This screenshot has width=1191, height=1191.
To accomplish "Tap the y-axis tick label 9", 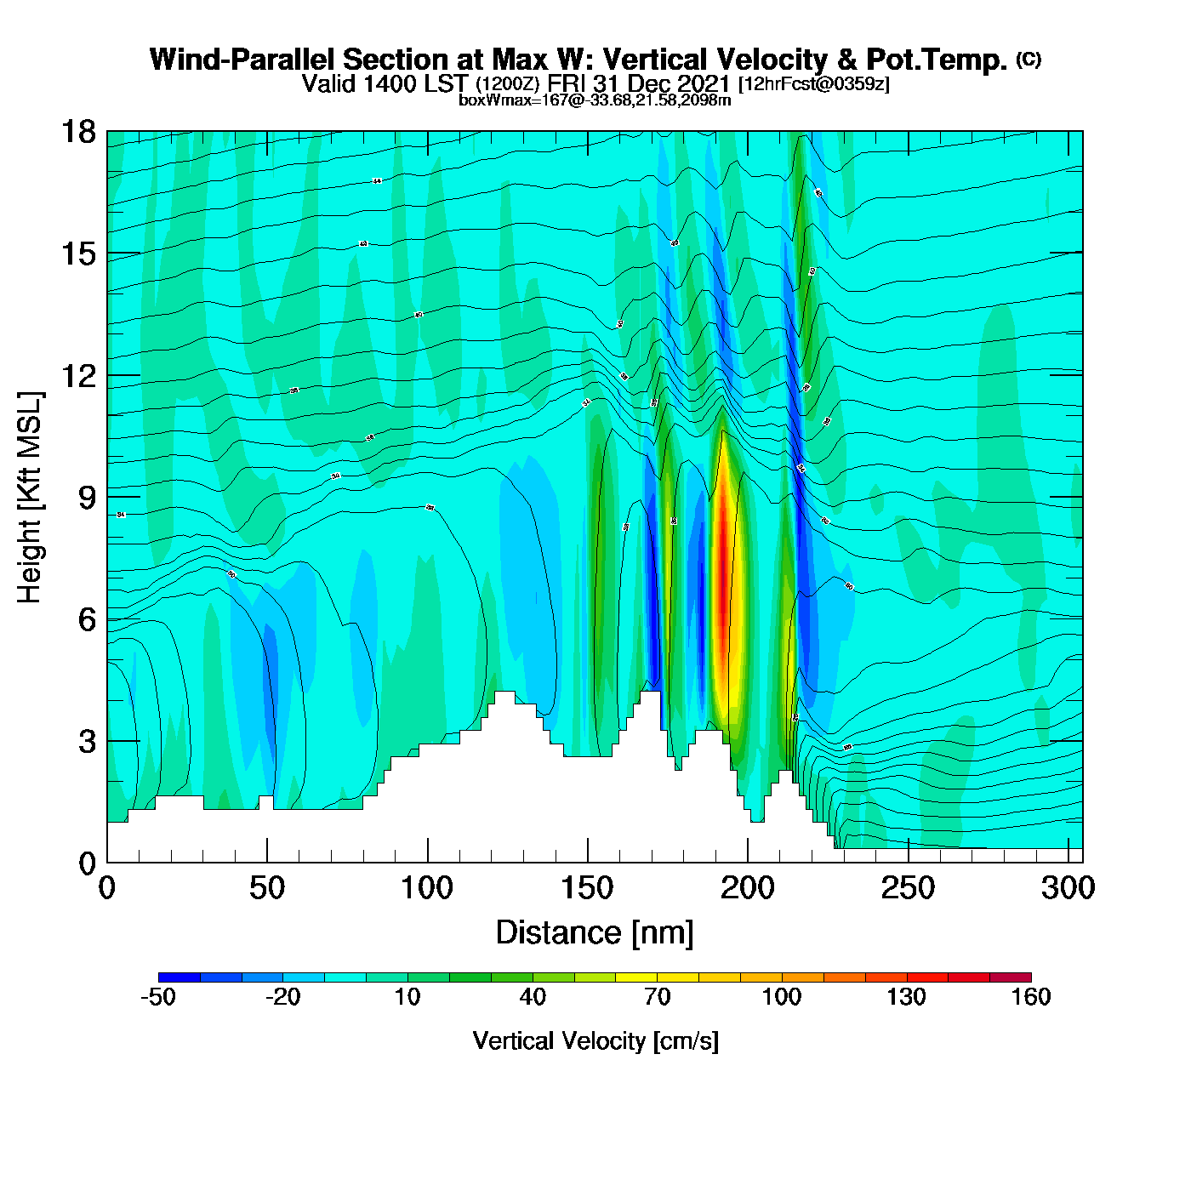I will [x=87, y=498].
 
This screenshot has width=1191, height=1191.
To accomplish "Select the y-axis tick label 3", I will [x=87, y=741].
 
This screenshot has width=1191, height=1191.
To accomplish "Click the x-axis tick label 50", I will [x=267, y=888].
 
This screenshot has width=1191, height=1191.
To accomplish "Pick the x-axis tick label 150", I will [x=587, y=888].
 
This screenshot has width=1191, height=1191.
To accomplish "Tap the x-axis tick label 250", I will [x=908, y=888].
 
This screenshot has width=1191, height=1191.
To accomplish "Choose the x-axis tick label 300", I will [x=1068, y=888].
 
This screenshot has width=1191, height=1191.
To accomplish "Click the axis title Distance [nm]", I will [x=595, y=933].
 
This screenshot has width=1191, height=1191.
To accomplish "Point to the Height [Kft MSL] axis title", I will [x=30, y=498].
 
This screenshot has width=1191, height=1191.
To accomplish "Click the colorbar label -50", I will [x=158, y=997].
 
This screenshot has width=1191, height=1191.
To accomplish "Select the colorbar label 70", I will [x=657, y=997].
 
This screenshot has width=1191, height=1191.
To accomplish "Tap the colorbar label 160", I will [x=1031, y=997].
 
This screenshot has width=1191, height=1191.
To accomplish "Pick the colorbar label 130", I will [x=906, y=997].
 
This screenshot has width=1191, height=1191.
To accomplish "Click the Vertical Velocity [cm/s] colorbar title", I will [x=595, y=1041].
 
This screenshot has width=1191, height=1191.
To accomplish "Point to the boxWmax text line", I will [x=595, y=100].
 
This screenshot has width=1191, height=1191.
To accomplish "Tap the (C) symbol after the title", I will [x=1029, y=59].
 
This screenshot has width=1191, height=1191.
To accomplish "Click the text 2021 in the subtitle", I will [x=701, y=83].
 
